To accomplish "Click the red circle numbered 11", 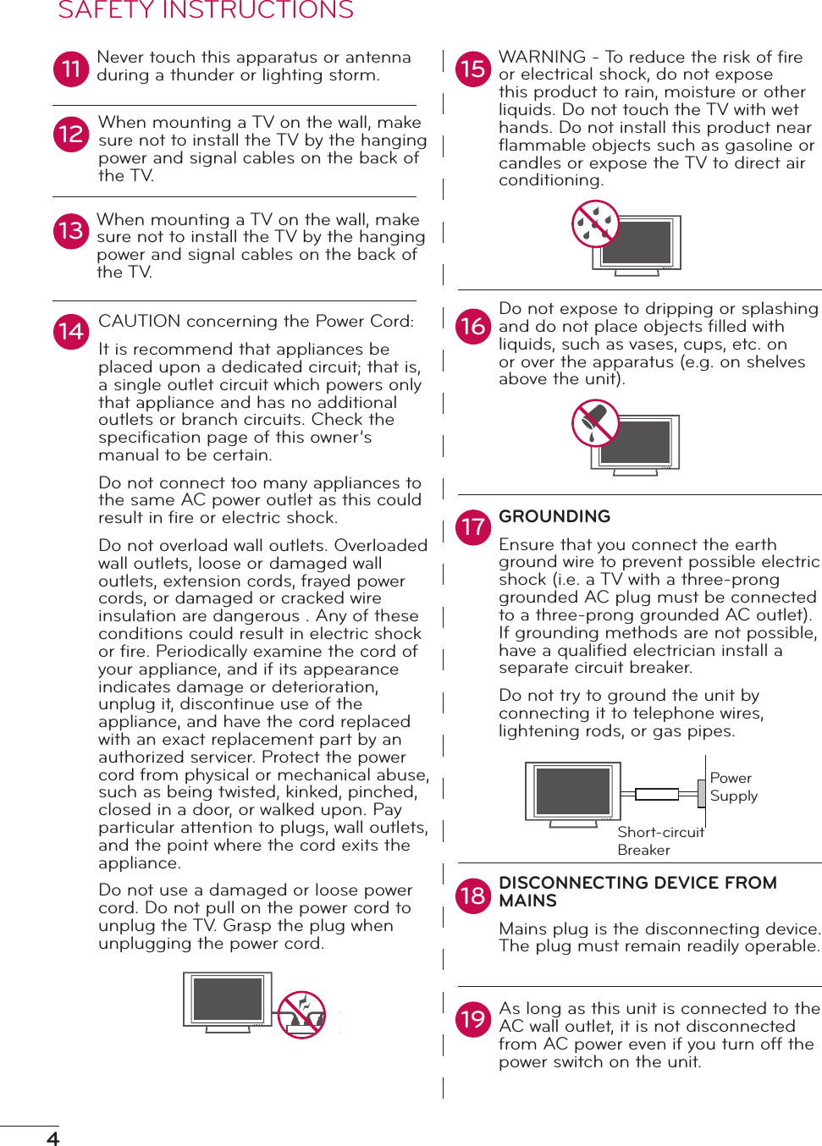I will [x=71, y=69].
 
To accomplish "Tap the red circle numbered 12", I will [x=71, y=135].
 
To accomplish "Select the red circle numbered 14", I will [x=71, y=332].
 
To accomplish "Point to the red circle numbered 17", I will [x=473, y=527].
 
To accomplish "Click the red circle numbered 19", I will [x=473, y=1019].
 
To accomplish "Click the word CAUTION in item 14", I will [x=140, y=322].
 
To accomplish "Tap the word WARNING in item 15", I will [x=542, y=58].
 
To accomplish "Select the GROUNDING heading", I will [x=554, y=516].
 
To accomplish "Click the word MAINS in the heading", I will [x=527, y=901].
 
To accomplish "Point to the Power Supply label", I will [x=733, y=787].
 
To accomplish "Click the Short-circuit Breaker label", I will [x=659, y=840].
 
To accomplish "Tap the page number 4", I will [x=52, y=1138].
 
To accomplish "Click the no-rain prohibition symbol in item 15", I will [x=596, y=224].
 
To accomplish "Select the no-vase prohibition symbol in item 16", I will [x=596, y=422].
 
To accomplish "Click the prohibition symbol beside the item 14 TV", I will [x=302, y=1014].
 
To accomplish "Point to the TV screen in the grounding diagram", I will [x=573, y=791].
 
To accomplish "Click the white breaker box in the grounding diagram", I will [x=657, y=794].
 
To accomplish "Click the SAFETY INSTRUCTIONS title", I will [x=206, y=11].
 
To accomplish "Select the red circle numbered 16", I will [x=473, y=327].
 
